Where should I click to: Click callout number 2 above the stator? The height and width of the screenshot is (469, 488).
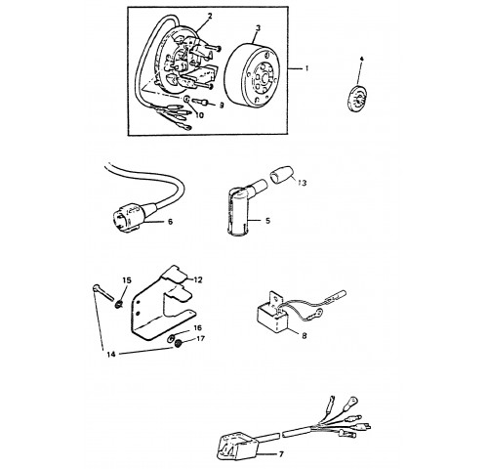coord(210,16)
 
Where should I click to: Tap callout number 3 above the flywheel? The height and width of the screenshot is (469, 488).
coord(258,27)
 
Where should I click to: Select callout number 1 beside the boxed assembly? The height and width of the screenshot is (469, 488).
coord(306,68)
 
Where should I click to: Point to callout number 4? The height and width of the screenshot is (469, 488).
coord(361,59)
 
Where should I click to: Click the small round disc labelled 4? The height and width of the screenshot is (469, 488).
coord(356,98)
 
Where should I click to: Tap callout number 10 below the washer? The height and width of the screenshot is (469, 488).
coord(199,115)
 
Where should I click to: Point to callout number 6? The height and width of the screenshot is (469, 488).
coord(170,222)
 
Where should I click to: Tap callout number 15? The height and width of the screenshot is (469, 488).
coord(127,280)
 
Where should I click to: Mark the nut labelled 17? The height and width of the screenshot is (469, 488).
coord(178,344)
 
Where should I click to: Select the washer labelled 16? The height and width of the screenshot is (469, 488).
coord(172,339)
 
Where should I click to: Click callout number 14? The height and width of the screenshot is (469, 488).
coord(111,354)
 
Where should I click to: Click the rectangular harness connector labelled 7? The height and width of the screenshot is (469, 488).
coord(236,446)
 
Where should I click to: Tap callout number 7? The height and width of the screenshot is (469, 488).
coord(281,453)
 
